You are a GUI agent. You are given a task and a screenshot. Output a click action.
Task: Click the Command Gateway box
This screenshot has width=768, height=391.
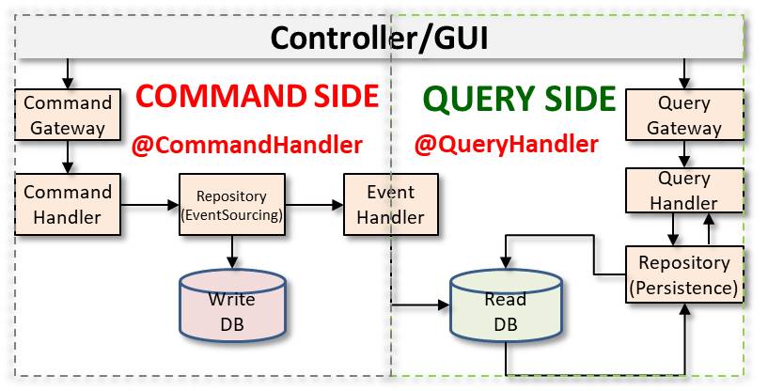[x=68, y=115]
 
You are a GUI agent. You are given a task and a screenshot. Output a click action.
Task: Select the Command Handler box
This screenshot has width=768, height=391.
[x=68, y=204]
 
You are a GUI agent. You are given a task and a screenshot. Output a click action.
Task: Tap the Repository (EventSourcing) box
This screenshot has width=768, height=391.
[x=231, y=204]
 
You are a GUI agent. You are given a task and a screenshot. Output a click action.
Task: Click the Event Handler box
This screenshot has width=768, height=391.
[x=384, y=204]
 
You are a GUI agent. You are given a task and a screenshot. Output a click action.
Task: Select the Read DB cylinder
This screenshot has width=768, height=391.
[x=504, y=312]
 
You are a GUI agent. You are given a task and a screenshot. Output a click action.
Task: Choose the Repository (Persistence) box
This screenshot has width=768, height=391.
[x=684, y=274]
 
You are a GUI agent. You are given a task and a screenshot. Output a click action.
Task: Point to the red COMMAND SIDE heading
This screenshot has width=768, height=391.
[x=257, y=96]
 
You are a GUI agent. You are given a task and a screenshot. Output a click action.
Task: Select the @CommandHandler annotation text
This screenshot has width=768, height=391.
[x=247, y=145]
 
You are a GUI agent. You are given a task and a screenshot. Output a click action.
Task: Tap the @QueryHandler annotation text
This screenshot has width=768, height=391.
[x=507, y=145]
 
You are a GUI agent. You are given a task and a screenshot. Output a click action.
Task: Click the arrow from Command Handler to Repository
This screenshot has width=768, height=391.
[x=152, y=204]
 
